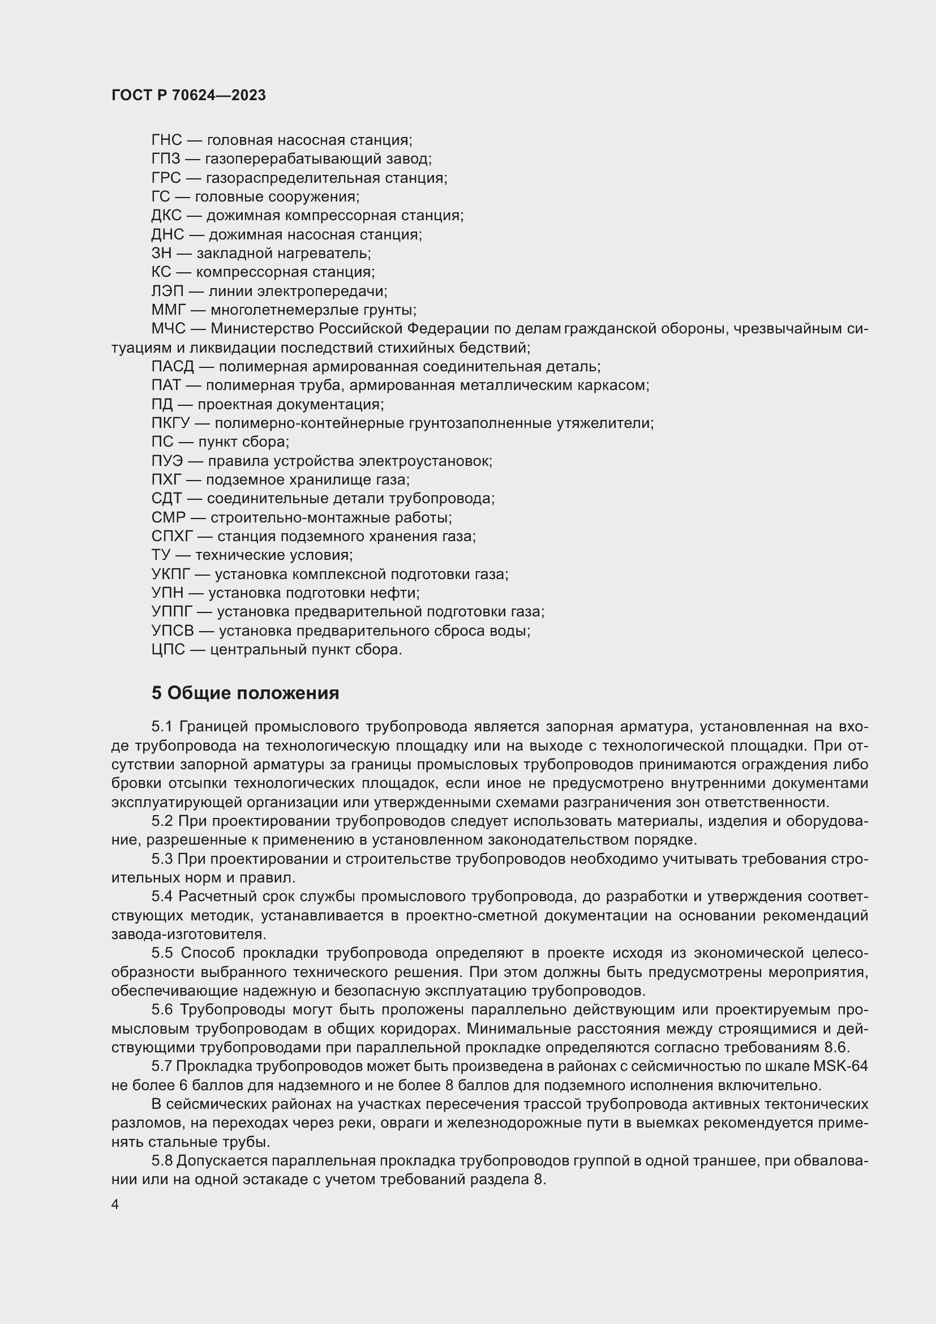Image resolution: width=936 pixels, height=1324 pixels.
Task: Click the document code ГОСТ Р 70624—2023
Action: click(188, 95)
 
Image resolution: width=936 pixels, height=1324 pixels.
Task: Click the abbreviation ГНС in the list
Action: click(166, 140)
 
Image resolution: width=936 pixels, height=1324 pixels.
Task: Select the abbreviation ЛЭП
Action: click(168, 291)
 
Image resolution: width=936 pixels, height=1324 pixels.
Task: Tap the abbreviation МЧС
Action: click(168, 329)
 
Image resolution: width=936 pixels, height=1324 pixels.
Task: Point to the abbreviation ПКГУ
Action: click(170, 423)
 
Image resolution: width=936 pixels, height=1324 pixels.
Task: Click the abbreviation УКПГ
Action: click(170, 575)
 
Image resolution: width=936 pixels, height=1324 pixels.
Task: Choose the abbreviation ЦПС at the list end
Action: click(168, 650)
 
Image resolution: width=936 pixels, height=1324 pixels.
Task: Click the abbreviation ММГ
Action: click(169, 310)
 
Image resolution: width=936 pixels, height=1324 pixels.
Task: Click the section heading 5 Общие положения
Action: click(245, 693)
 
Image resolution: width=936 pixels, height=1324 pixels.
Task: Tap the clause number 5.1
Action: click(162, 727)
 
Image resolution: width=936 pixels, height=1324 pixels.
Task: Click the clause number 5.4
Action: click(162, 897)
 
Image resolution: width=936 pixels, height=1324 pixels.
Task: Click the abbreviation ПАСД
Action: click(173, 367)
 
